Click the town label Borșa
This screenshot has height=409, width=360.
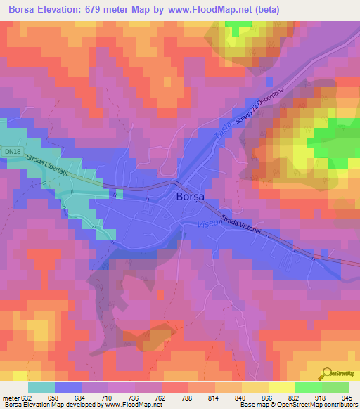188,198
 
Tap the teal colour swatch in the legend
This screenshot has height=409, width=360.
41,387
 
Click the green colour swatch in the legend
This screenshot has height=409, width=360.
309,387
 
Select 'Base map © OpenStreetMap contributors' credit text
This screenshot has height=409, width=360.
297,405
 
